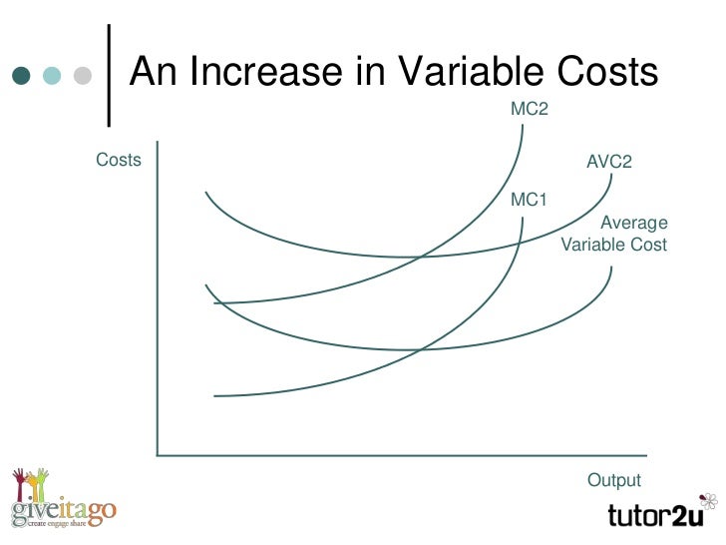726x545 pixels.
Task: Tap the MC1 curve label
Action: coord(530,200)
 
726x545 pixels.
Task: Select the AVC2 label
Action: coord(609,162)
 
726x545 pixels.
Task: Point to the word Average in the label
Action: coord(633,223)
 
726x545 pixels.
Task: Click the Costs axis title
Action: coord(119,160)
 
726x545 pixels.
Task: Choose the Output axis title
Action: coord(614,480)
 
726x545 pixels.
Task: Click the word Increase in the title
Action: coord(283,72)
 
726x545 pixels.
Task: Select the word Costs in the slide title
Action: coord(607,72)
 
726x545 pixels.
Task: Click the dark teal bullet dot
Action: coord(23,77)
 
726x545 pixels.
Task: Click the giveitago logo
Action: coord(64,508)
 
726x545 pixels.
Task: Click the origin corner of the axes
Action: coord(158,455)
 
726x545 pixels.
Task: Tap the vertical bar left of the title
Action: coord(108,72)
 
